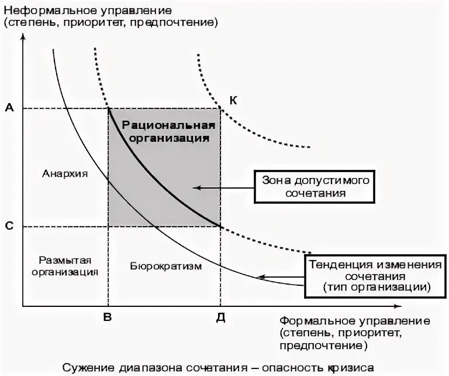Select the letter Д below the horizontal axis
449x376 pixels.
click(220, 317)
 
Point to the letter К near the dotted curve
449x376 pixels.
click(232, 100)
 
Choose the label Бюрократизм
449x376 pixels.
click(164, 266)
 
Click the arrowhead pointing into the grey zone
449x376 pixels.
click(196, 188)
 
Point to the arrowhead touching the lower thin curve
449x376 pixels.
click(263, 277)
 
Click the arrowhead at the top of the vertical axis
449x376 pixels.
click(23, 37)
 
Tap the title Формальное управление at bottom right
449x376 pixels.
click(355, 322)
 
